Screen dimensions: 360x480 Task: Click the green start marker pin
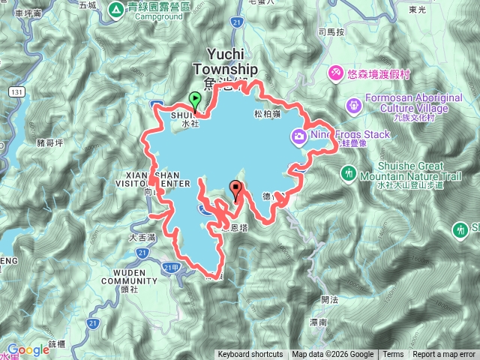(x=195, y=99)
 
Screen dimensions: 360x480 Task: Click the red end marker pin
(x=237, y=188)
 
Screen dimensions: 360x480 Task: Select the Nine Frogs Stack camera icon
(x=299, y=136)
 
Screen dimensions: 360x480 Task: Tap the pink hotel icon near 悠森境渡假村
(x=335, y=73)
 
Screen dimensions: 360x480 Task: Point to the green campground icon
(x=116, y=10)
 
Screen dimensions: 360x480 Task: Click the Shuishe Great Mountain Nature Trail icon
(x=349, y=174)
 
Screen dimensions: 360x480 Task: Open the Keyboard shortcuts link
(x=250, y=355)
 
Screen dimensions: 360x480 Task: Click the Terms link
(x=393, y=355)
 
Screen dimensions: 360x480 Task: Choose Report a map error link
(x=444, y=355)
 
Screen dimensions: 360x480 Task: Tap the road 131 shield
(x=16, y=91)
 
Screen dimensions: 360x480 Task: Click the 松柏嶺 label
(x=267, y=114)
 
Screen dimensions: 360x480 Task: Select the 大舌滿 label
(x=141, y=237)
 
